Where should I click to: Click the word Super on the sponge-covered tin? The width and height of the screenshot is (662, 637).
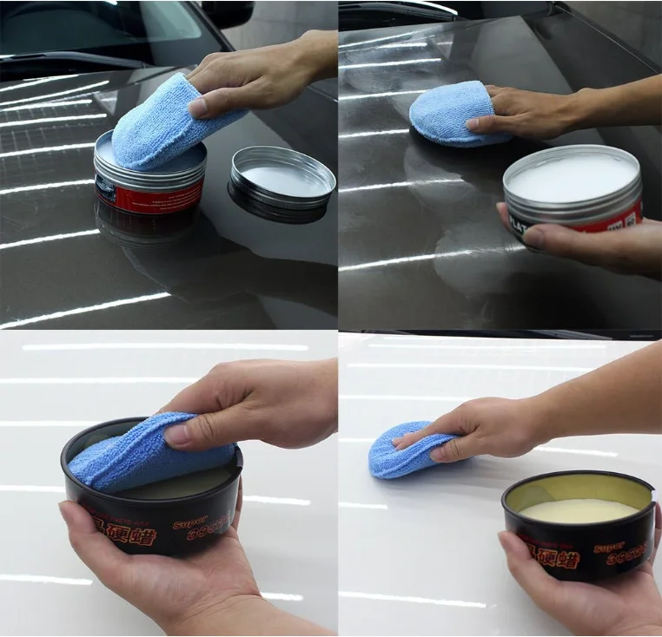[x=189, y=524]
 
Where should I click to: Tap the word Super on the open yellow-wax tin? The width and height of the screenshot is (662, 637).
[x=609, y=548]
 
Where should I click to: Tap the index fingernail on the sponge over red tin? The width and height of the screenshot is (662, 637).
[x=198, y=107]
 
